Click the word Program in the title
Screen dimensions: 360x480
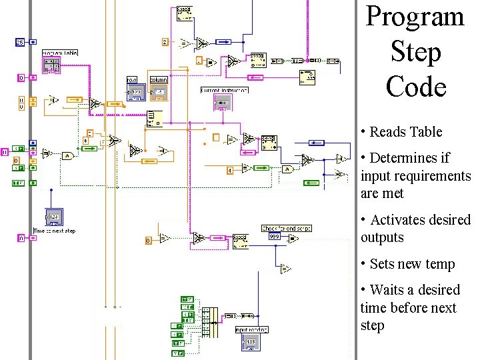tap(415, 16)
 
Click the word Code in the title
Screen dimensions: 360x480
tap(415, 87)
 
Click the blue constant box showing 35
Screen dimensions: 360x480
tap(20, 42)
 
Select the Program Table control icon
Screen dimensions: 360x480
tap(51, 65)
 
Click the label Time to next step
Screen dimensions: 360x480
tap(55, 231)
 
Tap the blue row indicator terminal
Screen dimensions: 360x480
tap(136, 92)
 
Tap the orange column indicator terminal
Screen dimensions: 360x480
tap(159, 92)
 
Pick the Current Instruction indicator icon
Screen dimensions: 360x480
tap(222, 102)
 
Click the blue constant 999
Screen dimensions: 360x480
tap(274, 236)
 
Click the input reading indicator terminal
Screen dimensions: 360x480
tap(251, 341)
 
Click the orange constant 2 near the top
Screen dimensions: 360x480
tap(165, 42)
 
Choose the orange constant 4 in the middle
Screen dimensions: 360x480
tap(230, 171)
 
